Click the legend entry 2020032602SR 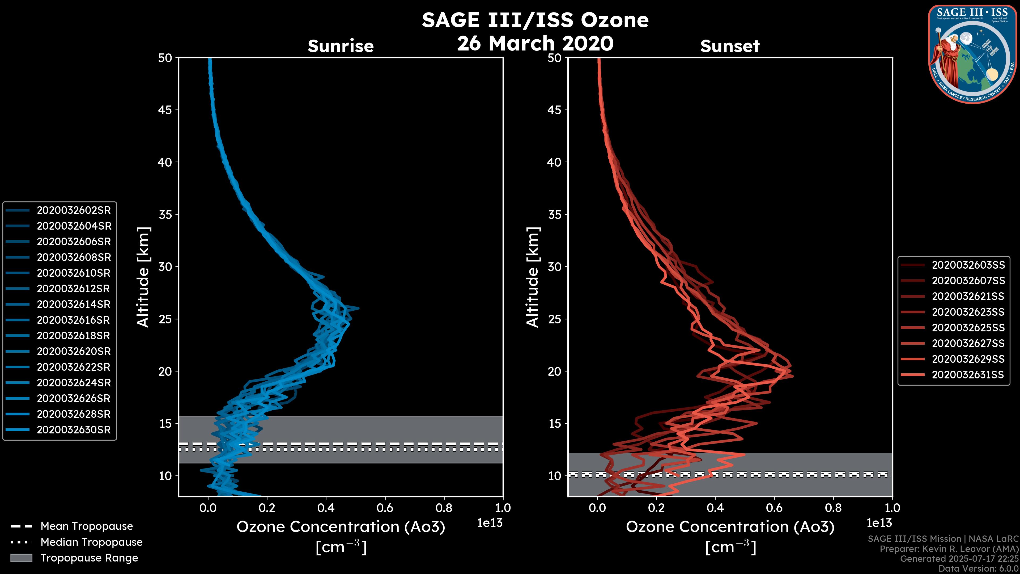pos(74,210)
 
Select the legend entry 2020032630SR pos(74,430)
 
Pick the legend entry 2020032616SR pos(74,320)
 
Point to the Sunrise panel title pos(341,46)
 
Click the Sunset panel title pos(730,46)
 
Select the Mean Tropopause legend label pos(87,526)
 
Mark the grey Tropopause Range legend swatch pos(21,558)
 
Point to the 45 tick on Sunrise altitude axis pos(165,110)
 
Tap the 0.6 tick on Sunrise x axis pos(385,508)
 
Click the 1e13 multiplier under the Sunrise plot pos(490,523)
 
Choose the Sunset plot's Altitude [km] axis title pos(533,277)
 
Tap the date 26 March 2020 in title pos(535,43)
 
